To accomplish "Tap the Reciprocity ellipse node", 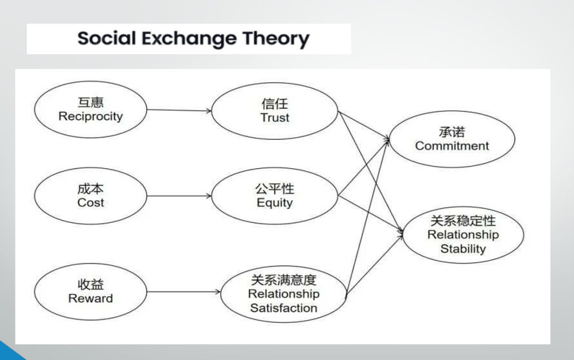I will click(x=90, y=110).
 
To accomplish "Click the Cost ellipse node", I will click(x=90, y=196).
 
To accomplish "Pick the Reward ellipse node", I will click(x=90, y=291).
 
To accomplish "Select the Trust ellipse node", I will click(x=274, y=111).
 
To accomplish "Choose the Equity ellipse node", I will click(x=274, y=196).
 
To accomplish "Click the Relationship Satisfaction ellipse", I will click(x=283, y=294).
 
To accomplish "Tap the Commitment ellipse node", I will click(x=452, y=139).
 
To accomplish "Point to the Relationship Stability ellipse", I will click(x=462, y=234).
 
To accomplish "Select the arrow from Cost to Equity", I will click(x=179, y=196).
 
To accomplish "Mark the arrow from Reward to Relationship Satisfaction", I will click(x=184, y=292).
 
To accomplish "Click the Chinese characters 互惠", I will click(x=90, y=103).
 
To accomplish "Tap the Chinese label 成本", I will click(x=90, y=189).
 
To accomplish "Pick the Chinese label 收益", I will click(x=90, y=284).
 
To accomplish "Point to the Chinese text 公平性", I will click(x=274, y=189).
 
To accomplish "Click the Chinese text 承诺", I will click(x=452, y=132).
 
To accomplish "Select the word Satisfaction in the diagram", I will click(x=283, y=308).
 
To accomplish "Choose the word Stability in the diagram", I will click(x=463, y=249).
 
